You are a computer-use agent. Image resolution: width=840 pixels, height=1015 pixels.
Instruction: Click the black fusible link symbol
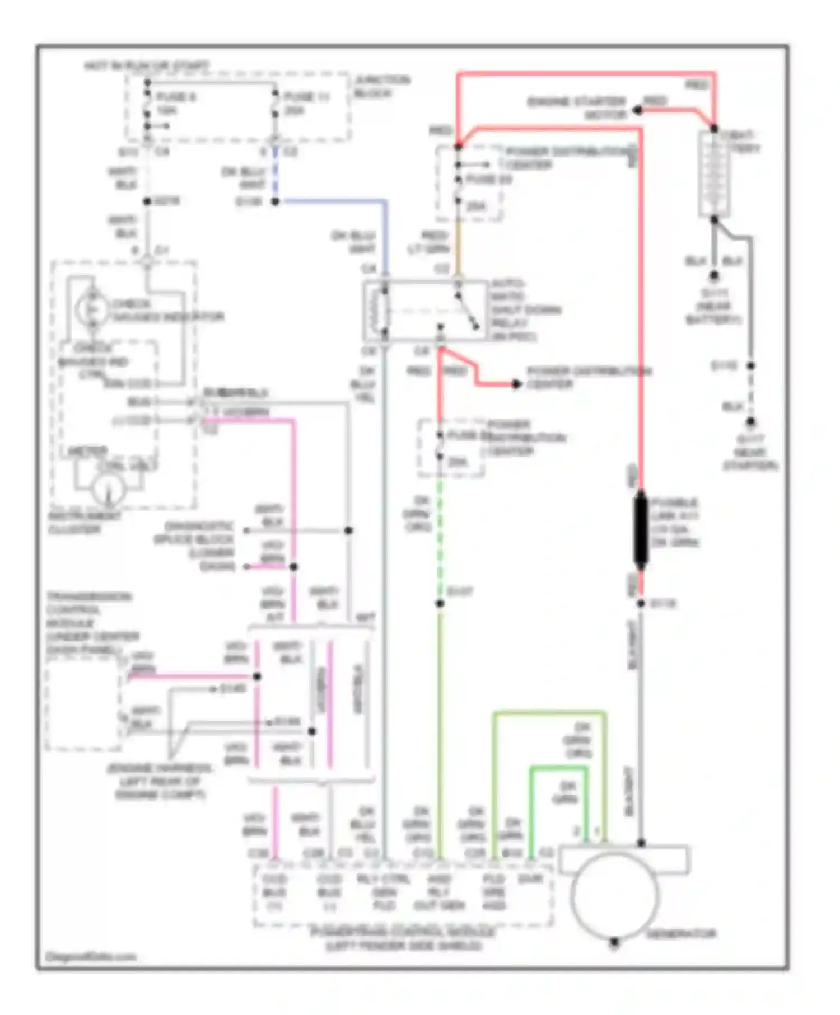pyautogui.click(x=641, y=530)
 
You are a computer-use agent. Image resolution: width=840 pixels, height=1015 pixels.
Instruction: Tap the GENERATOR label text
pyautogui.click(x=681, y=934)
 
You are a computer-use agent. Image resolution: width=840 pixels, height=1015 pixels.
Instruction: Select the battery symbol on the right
pyautogui.click(x=714, y=174)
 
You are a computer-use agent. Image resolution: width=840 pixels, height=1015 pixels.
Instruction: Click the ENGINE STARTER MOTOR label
pyautogui.click(x=577, y=108)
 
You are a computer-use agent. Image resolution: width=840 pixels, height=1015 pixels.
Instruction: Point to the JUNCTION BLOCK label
pyautogui.click(x=382, y=87)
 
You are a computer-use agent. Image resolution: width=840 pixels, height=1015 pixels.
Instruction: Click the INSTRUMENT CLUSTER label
pyautogui.click(x=83, y=522)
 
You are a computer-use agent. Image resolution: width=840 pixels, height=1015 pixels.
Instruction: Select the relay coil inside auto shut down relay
pyautogui.click(x=384, y=312)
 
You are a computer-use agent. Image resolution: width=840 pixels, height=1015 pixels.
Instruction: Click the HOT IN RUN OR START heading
pyautogui.click(x=147, y=66)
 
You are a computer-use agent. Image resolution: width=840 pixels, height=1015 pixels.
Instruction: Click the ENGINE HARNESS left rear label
pyautogui.click(x=160, y=781)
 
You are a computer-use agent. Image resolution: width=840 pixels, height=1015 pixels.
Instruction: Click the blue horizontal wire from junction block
pyautogui.click(x=330, y=201)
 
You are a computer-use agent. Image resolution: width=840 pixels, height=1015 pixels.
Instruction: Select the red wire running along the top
pyautogui.click(x=582, y=73)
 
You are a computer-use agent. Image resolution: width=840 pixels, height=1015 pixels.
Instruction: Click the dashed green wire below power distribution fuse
pyautogui.click(x=440, y=537)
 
